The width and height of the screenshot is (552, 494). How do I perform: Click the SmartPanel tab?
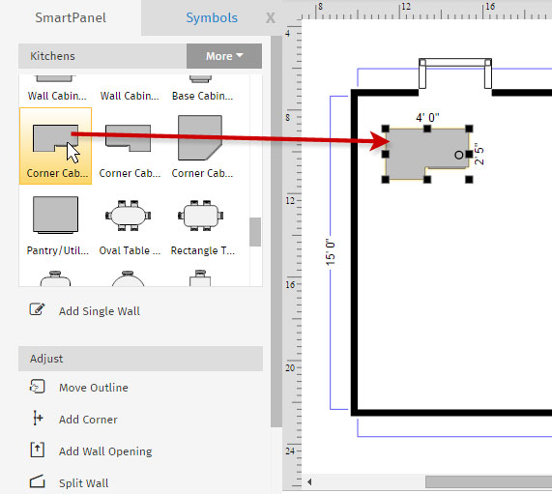pyautogui.click(x=71, y=17)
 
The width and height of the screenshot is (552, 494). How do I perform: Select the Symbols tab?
pyautogui.click(x=212, y=17)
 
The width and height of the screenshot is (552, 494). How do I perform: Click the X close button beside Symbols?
pyautogui.click(x=271, y=18)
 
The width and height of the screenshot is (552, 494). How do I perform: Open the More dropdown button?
pyautogui.click(x=224, y=56)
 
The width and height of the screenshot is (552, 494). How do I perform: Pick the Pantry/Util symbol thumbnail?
pyautogui.click(x=56, y=215)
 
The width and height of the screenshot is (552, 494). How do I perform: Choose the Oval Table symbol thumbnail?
pyautogui.click(x=129, y=216)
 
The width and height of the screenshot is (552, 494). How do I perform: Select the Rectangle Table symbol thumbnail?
pyautogui.click(x=201, y=216)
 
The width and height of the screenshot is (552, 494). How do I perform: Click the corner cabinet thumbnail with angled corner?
pyautogui.click(x=200, y=137)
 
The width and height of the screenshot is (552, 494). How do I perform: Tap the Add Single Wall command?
pyautogui.click(x=100, y=311)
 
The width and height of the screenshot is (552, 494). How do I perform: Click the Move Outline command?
pyautogui.click(x=94, y=388)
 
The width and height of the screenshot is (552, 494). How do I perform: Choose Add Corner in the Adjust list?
pyautogui.click(x=88, y=420)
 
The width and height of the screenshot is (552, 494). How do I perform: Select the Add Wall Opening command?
pyautogui.click(x=105, y=451)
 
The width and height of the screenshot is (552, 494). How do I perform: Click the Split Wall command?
pyautogui.click(x=83, y=482)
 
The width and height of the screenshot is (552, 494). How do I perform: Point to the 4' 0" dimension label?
pyautogui.click(x=427, y=117)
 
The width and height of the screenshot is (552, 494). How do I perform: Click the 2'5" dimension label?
pyautogui.click(x=479, y=154)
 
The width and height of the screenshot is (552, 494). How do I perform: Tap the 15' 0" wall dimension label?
pyautogui.click(x=331, y=252)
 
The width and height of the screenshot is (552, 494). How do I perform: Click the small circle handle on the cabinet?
pyautogui.click(x=458, y=155)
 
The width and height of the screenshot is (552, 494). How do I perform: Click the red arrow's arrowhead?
pyautogui.click(x=380, y=141)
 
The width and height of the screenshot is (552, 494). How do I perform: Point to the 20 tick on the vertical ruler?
pyautogui.click(x=290, y=368)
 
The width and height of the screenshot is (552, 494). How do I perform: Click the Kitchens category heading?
pyautogui.click(x=52, y=56)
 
